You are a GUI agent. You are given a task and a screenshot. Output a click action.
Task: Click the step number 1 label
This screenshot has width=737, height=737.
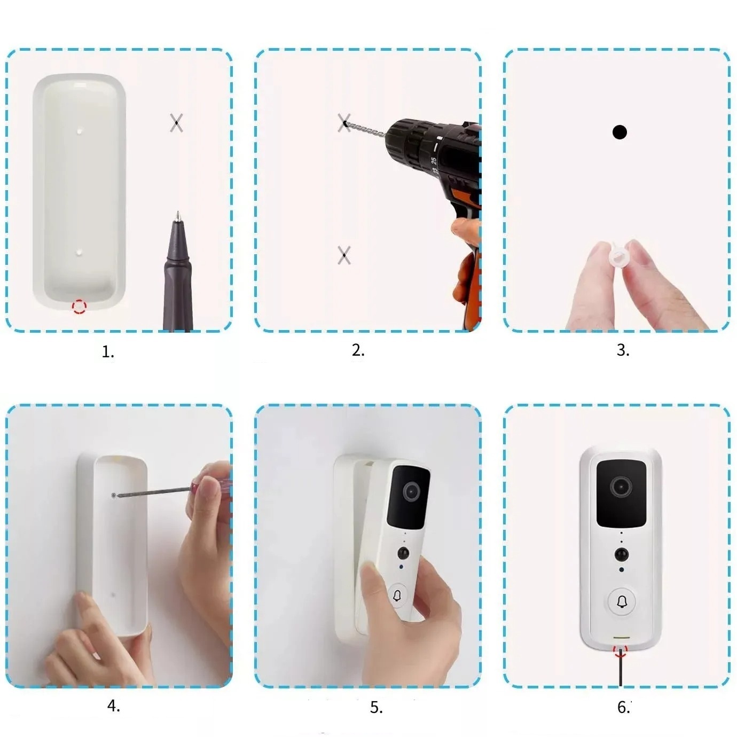(x=108, y=352)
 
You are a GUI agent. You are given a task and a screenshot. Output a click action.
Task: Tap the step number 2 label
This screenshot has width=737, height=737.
(x=358, y=350)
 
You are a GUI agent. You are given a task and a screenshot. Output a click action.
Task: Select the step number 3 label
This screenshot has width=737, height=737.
(x=623, y=350)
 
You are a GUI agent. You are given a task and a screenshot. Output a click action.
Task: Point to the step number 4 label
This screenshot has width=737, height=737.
(x=113, y=706)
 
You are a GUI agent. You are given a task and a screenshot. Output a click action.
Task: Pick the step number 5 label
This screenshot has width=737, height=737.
(x=376, y=708)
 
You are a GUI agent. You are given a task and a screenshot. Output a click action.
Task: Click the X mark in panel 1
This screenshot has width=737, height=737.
(x=176, y=123)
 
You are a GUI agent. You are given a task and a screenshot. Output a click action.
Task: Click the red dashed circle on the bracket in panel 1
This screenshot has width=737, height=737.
(x=79, y=307)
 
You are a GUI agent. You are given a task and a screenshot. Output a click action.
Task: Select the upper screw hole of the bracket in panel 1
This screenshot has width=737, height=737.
(x=80, y=130)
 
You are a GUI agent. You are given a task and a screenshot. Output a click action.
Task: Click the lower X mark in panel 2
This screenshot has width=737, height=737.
(x=344, y=255)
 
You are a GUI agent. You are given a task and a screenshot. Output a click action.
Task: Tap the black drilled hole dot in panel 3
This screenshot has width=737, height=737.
(x=620, y=132)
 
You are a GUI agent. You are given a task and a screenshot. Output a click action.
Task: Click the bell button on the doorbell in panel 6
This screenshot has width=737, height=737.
(x=621, y=602)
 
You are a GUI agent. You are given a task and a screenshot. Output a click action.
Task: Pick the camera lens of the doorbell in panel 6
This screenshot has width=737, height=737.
(x=621, y=487)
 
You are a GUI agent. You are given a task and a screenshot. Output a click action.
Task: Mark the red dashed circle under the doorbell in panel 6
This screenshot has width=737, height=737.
(x=620, y=650)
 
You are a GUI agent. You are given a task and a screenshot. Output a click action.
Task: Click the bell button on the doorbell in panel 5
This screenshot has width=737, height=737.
(x=397, y=595)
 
